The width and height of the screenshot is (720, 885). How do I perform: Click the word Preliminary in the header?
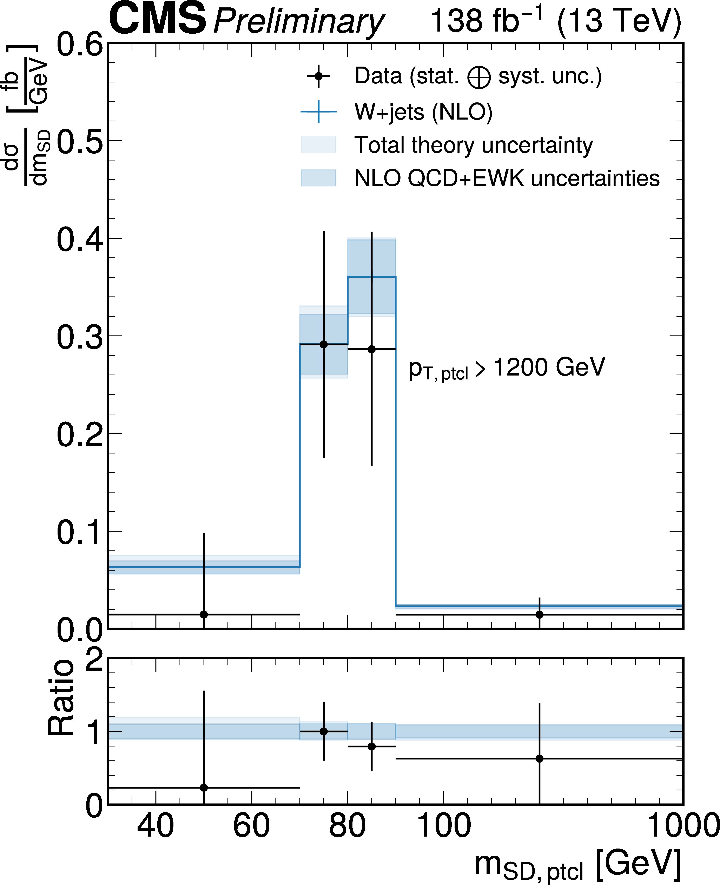tap(299, 22)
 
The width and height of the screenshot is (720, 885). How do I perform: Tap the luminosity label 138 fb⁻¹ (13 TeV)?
tap(556, 21)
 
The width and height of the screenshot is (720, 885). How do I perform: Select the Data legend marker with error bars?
tap(318, 76)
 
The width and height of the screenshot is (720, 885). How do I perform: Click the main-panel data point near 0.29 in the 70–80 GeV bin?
tap(324, 344)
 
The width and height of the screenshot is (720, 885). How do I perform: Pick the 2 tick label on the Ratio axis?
tap(94, 660)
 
